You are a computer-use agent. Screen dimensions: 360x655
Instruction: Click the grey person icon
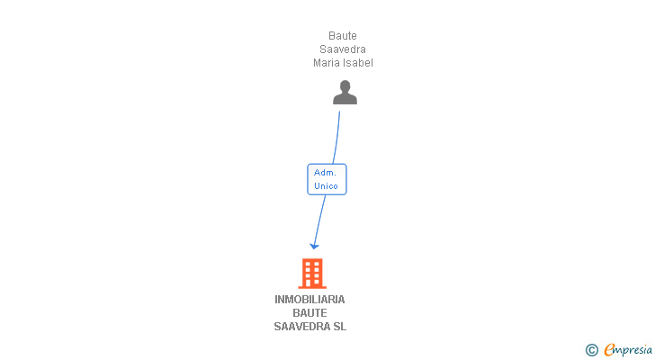click(x=345, y=94)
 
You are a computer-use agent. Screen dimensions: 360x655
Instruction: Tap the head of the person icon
click(x=345, y=86)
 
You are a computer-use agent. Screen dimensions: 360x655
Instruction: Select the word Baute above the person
click(x=343, y=36)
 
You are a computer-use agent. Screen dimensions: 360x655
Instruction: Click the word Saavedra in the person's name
click(x=343, y=49)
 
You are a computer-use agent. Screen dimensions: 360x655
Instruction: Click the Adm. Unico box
click(x=327, y=179)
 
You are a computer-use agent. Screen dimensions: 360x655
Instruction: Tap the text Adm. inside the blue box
click(x=326, y=172)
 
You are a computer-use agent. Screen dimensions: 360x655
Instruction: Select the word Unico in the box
click(x=326, y=186)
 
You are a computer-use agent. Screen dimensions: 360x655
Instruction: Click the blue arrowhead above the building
click(x=314, y=245)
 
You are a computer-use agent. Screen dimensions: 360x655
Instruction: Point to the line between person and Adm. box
click(x=336, y=137)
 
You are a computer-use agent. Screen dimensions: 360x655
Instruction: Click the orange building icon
click(x=311, y=273)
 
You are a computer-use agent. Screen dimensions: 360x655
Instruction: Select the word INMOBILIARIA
click(x=310, y=300)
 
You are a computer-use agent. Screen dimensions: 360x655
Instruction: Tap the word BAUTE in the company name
click(x=310, y=313)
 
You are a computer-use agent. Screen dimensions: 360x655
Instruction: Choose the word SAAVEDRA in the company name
click(x=302, y=327)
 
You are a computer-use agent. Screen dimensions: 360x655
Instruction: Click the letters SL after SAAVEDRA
click(x=339, y=327)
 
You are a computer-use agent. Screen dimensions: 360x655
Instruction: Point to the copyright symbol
click(x=591, y=349)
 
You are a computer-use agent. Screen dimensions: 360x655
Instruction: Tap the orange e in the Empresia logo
click(x=609, y=349)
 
